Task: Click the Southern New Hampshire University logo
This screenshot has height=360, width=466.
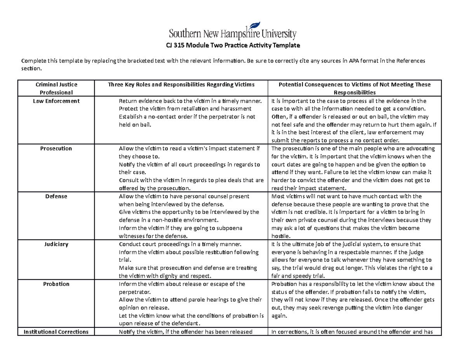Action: (x=233, y=30)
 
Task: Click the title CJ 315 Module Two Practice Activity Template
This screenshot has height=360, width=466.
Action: (x=233, y=45)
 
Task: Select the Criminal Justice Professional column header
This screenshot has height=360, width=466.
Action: (x=56, y=88)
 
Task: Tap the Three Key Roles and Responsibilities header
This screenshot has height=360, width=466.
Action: (x=181, y=84)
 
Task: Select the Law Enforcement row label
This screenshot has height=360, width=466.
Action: (x=56, y=101)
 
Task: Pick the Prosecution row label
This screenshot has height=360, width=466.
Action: (x=56, y=148)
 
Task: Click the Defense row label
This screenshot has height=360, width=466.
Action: (x=56, y=196)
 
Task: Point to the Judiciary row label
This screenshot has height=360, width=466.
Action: (x=56, y=244)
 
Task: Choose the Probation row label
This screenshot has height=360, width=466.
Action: (x=56, y=284)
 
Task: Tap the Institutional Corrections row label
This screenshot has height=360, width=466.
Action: (x=56, y=332)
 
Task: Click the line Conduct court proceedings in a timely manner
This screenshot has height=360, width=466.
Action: (x=180, y=244)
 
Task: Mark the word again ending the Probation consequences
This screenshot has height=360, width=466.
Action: (x=279, y=316)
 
